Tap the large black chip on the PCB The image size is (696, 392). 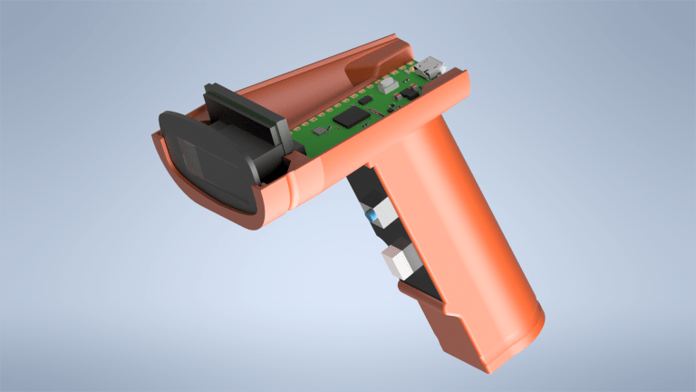[348, 117]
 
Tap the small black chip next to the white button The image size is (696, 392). [410, 92]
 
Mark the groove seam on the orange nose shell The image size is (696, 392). [288, 193]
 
